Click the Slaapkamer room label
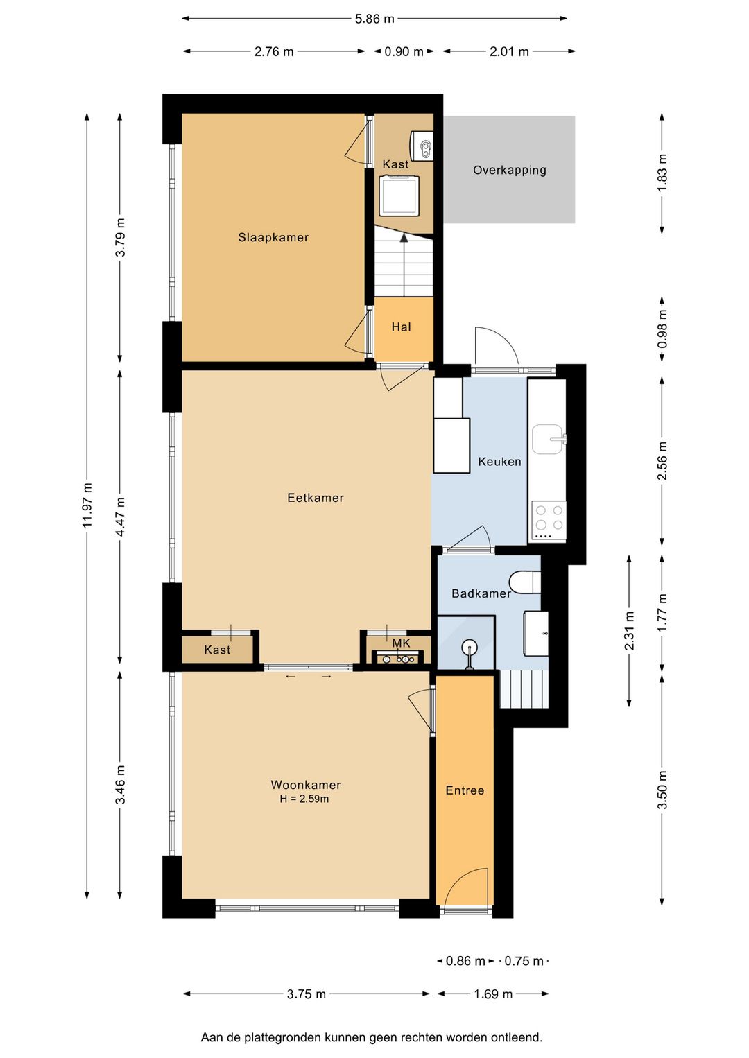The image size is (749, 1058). [273, 237]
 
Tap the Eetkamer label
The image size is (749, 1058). [315, 497]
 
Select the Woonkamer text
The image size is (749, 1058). [306, 785]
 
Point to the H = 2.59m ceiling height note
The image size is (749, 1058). [304, 799]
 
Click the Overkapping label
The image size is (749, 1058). [510, 170]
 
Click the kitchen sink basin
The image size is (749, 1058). [548, 440]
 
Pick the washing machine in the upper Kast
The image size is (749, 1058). [400, 195]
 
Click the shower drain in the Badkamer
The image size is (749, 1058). [470, 645]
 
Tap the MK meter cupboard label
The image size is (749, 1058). [401, 643]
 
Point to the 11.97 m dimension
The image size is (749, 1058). [87, 505]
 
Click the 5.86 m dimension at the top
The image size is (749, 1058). [374, 19]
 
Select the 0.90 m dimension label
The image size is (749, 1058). [404, 51]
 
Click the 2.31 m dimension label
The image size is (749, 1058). [629, 630]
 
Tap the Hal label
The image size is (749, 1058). [401, 327]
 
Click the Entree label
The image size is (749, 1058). [465, 790]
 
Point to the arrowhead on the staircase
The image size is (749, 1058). [404, 237]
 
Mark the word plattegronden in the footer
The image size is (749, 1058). [289, 1038]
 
